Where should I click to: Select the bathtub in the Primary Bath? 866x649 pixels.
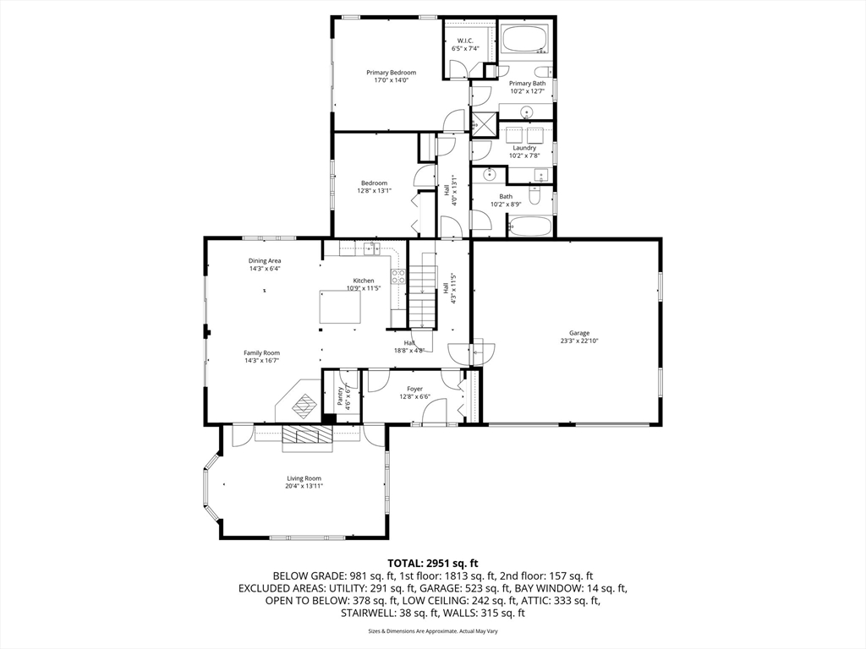525,40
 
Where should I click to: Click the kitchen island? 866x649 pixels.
339,307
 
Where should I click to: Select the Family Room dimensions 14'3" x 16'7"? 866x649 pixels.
261,361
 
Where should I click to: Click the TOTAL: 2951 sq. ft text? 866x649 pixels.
433,563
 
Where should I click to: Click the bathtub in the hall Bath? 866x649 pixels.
529,226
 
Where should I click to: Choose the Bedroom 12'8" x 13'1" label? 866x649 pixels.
374,187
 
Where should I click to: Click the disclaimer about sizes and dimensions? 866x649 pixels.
433,631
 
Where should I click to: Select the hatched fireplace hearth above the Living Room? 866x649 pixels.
307,434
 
